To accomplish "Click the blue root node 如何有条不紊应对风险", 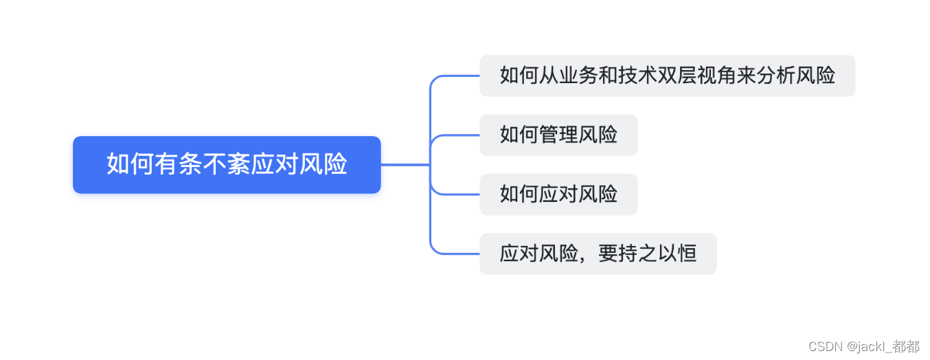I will tap(227, 165).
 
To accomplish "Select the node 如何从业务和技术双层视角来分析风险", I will tap(667, 76).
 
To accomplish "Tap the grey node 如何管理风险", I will tap(558, 135).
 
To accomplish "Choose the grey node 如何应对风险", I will tap(558, 194).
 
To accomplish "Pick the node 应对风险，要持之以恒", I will tap(598, 254).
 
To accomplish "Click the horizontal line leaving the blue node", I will tap(405, 165).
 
